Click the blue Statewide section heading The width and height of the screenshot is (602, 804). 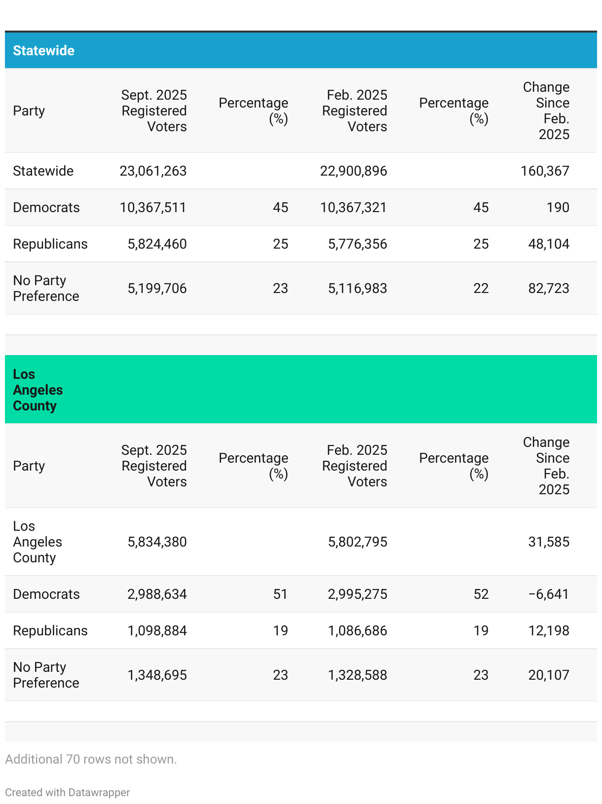(x=43, y=51)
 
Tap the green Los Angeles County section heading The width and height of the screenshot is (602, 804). (x=38, y=390)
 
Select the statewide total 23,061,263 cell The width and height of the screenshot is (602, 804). (x=153, y=171)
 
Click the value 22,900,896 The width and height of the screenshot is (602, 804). (x=353, y=171)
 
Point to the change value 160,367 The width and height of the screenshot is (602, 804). (x=545, y=171)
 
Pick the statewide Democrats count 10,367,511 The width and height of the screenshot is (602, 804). (x=153, y=208)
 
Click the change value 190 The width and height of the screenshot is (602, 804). (x=558, y=208)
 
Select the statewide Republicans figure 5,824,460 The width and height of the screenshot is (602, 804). (x=157, y=244)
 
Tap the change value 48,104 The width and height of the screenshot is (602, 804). (x=549, y=244)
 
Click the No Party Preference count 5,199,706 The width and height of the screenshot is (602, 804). (x=157, y=289)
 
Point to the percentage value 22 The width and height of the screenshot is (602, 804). (x=481, y=289)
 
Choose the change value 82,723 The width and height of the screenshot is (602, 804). (x=549, y=289)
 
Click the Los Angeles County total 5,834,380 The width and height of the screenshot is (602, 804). (x=157, y=542)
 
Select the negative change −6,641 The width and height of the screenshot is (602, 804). (x=549, y=594)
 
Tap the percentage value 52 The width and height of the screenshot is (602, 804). (x=481, y=594)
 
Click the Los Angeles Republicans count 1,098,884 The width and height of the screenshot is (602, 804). (x=157, y=631)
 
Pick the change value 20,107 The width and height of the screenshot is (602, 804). (x=549, y=675)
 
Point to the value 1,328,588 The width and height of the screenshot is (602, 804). (x=357, y=675)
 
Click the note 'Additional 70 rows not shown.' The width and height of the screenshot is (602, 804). (x=91, y=759)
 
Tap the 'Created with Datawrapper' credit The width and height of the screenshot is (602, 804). (x=67, y=793)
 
